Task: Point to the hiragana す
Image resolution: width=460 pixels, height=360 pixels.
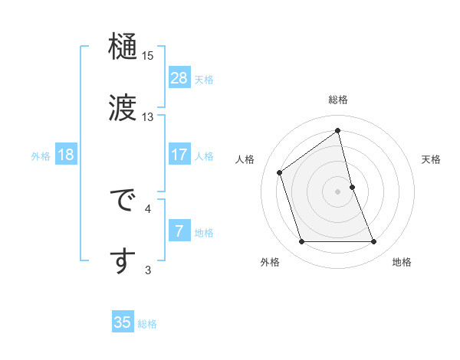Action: [x=123, y=260]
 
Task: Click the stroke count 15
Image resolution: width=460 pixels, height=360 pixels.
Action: [x=148, y=56]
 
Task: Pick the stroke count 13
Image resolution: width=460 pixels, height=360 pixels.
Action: [x=148, y=117]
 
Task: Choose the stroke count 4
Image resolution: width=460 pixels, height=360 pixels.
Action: [x=148, y=208]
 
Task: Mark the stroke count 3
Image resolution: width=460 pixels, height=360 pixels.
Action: [x=148, y=270]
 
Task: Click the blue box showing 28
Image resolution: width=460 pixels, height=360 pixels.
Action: [x=179, y=78]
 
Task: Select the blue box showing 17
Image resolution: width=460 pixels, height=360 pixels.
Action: [x=179, y=155]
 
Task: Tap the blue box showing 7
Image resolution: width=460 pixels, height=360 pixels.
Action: [x=179, y=231]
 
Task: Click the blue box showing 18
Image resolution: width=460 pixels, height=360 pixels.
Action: [x=66, y=155]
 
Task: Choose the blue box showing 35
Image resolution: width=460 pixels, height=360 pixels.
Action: [x=123, y=322]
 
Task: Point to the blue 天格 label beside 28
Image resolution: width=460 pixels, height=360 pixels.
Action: [x=204, y=80]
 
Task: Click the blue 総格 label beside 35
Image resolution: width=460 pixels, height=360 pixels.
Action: [x=147, y=324]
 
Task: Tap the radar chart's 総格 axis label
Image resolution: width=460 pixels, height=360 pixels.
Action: [x=338, y=100]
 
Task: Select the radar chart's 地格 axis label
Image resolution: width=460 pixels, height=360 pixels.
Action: [x=402, y=262]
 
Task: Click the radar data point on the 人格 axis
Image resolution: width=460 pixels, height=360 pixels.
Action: [x=280, y=172]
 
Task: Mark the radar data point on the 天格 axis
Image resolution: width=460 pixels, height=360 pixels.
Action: [x=352, y=187]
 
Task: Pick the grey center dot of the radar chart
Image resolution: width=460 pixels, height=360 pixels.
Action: [x=338, y=191]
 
